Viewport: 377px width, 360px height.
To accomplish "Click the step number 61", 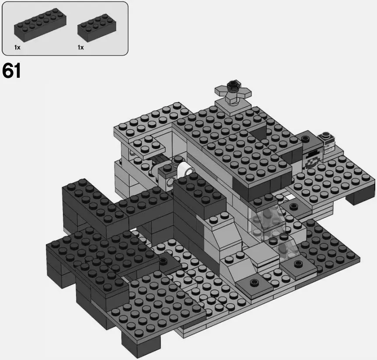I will [x=12, y=71].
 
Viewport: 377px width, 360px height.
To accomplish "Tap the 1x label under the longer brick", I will [x=17, y=47].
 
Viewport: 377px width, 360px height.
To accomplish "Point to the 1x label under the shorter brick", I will [x=80, y=47].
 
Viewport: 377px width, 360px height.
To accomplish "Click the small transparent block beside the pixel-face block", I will [x=328, y=141].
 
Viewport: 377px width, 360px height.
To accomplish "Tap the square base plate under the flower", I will [x=230, y=104].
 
